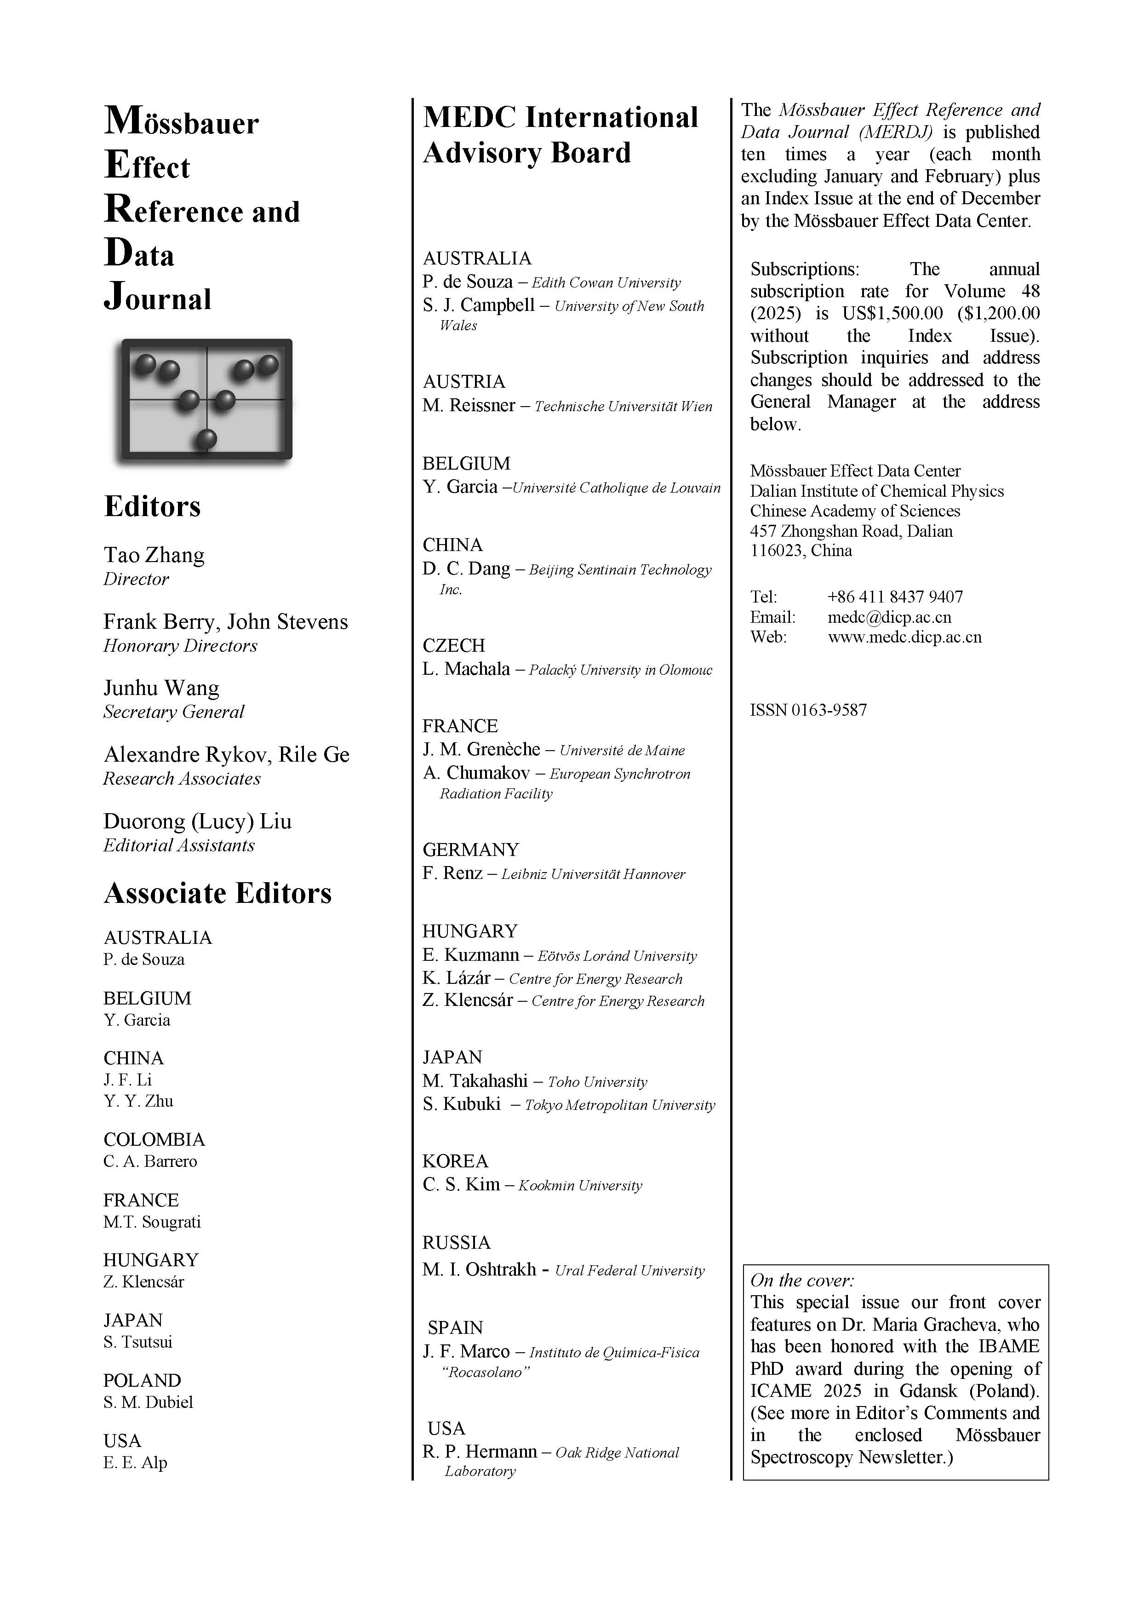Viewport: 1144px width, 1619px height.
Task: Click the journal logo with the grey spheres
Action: (x=206, y=399)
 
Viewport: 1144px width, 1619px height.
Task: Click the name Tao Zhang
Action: (x=154, y=555)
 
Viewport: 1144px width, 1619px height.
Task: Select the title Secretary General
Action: (x=173, y=712)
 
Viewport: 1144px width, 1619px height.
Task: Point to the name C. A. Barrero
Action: (x=150, y=1161)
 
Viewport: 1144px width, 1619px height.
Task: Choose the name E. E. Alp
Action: (x=135, y=1463)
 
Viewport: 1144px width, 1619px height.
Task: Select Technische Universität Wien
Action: (x=623, y=407)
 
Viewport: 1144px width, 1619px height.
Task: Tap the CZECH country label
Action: (x=454, y=645)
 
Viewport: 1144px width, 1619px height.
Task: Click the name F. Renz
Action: (x=452, y=874)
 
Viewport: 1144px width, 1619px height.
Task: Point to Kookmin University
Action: (x=580, y=1185)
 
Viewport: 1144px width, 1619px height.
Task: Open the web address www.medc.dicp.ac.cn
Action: (x=904, y=637)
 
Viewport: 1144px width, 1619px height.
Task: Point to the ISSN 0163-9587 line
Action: (x=808, y=710)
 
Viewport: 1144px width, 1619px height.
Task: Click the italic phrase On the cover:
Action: (x=802, y=1280)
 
